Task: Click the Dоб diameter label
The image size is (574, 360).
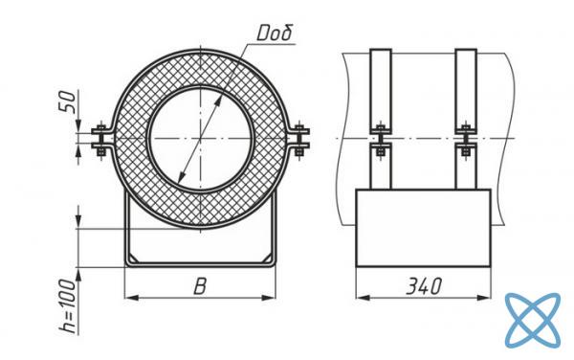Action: [x=275, y=33]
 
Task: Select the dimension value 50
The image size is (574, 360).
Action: [x=67, y=101]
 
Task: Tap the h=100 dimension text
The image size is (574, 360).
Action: [x=68, y=306]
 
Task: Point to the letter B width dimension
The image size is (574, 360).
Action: [x=200, y=286]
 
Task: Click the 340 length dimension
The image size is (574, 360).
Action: [x=424, y=286]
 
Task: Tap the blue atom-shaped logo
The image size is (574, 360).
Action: [x=533, y=320]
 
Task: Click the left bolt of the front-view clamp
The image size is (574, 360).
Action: [x=100, y=140]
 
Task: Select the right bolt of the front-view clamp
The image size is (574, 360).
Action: [x=300, y=140]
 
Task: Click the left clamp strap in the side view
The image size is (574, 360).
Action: [x=381, y=119]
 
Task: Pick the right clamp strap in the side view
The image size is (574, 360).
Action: [x=466, y=119]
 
